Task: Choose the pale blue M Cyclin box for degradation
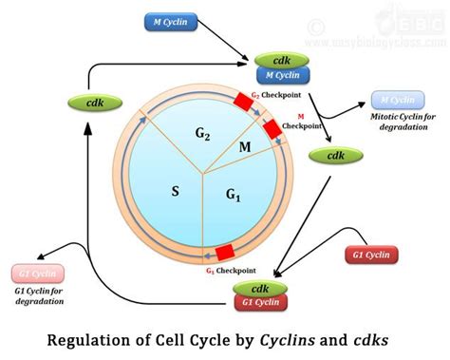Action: click(x=396, y=99)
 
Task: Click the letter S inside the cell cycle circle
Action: click(x=175, y=191)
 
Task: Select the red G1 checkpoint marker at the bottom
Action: click(x=225, y=252)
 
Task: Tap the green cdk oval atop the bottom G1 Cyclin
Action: click(x=261, y=288)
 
